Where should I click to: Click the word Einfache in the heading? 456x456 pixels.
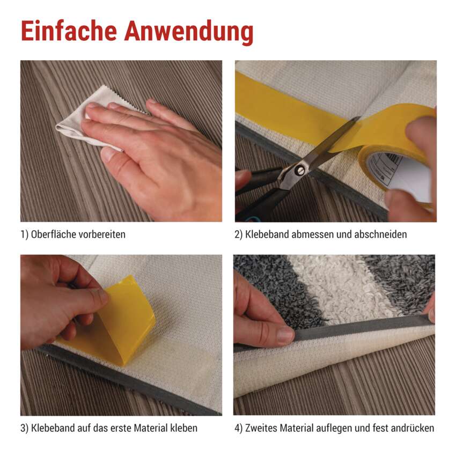click(x=69, y=31)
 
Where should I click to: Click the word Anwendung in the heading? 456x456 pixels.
click(x=189, y=33)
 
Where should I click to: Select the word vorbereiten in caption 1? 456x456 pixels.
click(x=101, y=234)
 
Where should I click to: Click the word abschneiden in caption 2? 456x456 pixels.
click(x=380, y=234)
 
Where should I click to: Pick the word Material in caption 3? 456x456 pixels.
click(x=151, y=428)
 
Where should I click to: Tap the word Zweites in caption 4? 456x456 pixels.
click(x=261, y=428)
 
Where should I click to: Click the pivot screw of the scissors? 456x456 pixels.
click(x=300, y=170)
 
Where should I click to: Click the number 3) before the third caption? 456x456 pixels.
click(x=25, y=429)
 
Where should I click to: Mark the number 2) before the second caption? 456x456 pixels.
click(x=239, y=234)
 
